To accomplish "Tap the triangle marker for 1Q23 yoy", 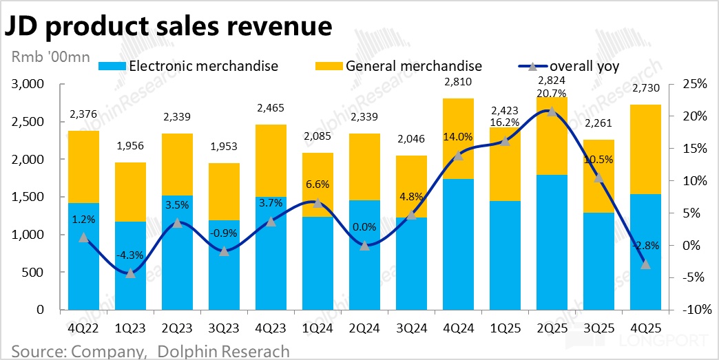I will tap(131, 273).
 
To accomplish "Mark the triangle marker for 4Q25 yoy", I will tap(645, 264).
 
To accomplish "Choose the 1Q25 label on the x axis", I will tap(505, 328).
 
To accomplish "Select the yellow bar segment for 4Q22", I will tap(83, 167).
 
